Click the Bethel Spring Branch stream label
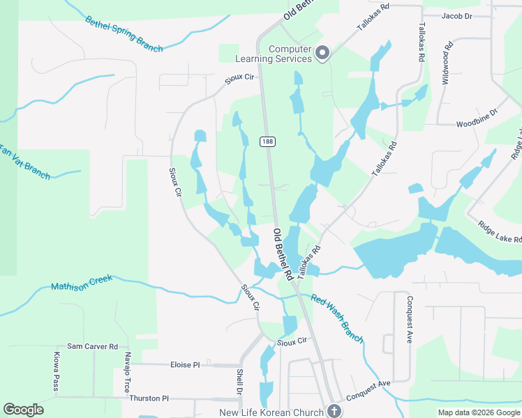[x=124, y=34]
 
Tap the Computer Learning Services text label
[x=290, y=54]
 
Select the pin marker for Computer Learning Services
[x=322, y=54]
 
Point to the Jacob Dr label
[x=457, y=15]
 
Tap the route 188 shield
[x=268, y=141]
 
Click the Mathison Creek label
[x=82, y=286]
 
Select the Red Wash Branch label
[x=337, y=318]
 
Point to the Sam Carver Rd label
[x=93, y=346]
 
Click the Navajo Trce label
[x=126, y=372]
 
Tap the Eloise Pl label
[x=185, y=364]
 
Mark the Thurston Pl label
[x=149, y=398]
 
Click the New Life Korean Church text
[x=271, y=412]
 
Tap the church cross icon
[x=334, y=411]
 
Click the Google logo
[x=23, y=410]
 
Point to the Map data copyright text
[x=479, y=412]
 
